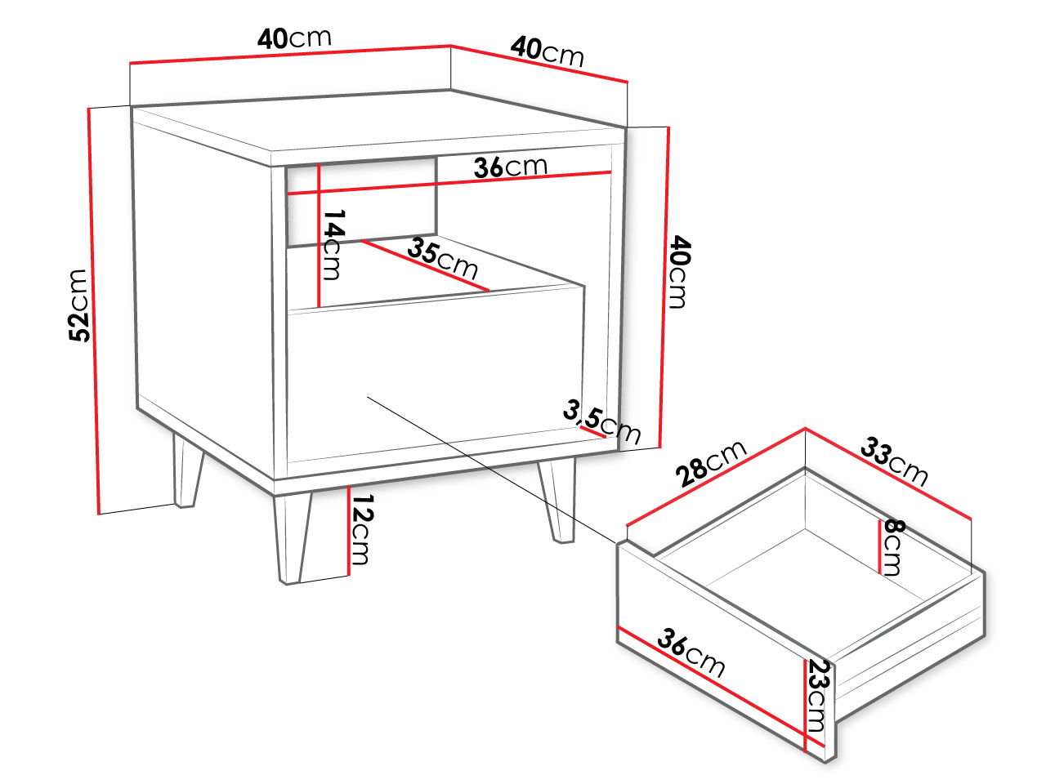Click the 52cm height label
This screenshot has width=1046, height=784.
click(x=78, y=305)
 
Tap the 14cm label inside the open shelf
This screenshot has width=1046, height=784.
click(x=333, y=245)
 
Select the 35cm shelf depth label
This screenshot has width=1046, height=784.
click(x=442, y=259)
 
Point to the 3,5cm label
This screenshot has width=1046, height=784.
click(x=601, y=421)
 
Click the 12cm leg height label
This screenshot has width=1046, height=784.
click(x=362, y=529)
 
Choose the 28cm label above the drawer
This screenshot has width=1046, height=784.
click(x=710, y=462)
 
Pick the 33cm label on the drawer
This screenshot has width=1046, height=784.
click(x=895, y=461)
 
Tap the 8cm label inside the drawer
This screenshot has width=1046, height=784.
click(x=894, y=547)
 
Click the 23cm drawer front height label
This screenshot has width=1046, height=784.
click(x=819, y=696)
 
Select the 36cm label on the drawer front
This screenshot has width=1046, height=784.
click(x=691, y=653)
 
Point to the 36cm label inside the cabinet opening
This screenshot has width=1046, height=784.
click(x=511, y=167)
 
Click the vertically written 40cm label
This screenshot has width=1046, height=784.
click(x=680, y=272)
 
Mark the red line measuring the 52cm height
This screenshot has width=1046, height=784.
click(x=94, y=311)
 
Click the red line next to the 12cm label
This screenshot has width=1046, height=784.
click(x=348, y=530)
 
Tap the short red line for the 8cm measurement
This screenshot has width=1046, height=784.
click(x=879, y=546)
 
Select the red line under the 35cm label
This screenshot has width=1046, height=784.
click(x=426, y=265)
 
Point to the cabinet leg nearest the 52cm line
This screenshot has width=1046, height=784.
click(x=187, y=470)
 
